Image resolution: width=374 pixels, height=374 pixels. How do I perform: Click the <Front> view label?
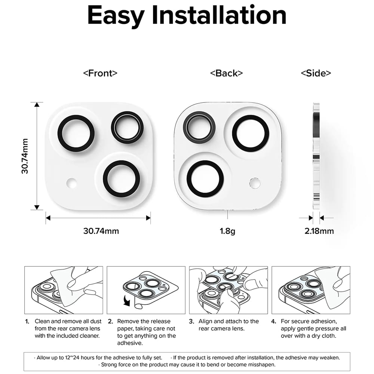[x=100, y=73]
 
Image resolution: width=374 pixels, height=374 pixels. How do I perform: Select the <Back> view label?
[x=226, y=73]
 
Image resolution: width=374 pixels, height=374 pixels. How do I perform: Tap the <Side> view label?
[x=316, y=73]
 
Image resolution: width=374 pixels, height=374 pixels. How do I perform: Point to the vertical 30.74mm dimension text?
[x=25, y=156]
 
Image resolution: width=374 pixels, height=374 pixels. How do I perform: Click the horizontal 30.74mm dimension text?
[x=101, y=231]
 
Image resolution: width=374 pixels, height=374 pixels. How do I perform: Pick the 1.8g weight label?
[x=227, y=231]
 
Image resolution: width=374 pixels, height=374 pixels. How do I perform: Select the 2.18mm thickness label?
[x=319, y=231]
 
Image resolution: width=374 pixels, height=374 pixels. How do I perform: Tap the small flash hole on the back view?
[x=254, y=183]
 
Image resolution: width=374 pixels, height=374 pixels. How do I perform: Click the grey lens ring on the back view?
[x=199, y=127]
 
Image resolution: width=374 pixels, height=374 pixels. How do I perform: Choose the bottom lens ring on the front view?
[x=122, y=179]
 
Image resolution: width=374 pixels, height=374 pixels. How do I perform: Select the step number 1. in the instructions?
[x=27, y=321]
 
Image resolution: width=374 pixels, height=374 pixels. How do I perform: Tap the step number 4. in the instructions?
[x=273, y=321]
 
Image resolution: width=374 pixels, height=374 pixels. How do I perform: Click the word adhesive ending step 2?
[x=129, y=343]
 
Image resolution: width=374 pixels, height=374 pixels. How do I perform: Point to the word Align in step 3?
[x=205, y=321]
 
